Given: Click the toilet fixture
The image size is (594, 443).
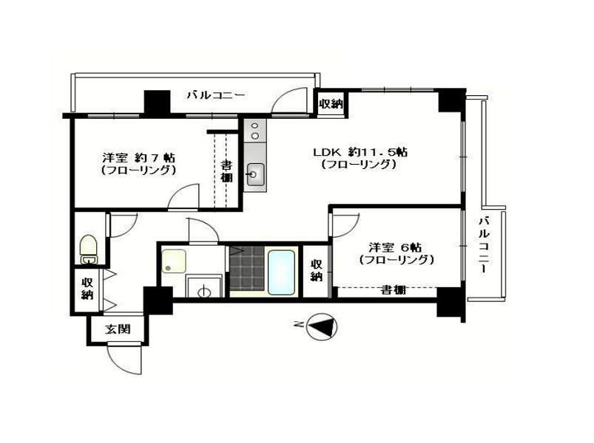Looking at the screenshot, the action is click(88, 249).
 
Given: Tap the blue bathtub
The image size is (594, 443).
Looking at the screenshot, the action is click(281, 272).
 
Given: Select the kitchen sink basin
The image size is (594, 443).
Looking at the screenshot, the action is click(255, 174).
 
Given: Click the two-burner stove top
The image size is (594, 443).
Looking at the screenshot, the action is click(255, 131).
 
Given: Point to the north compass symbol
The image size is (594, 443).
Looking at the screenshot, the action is click(321, 326).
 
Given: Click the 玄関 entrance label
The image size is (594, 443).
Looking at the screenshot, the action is click(118, 329).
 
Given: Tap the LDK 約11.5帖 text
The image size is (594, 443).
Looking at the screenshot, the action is click(360, 152).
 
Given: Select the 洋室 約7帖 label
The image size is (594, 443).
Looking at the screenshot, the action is click(138, 157).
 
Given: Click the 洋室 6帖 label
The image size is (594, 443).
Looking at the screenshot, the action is click(395, 247).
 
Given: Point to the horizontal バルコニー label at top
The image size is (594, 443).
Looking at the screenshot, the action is click(216, 95).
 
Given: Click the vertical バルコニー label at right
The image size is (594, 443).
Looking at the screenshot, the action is click(484, 244).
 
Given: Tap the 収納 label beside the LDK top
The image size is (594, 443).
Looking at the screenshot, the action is click(331, 103).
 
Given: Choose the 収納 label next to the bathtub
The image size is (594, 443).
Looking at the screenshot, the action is click(317, 270).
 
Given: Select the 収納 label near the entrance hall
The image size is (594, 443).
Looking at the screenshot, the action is click(87, 289).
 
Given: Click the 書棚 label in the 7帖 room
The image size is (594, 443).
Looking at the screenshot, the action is click(226, 171).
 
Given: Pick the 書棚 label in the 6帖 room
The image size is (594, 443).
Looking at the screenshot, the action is click(394, 290).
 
